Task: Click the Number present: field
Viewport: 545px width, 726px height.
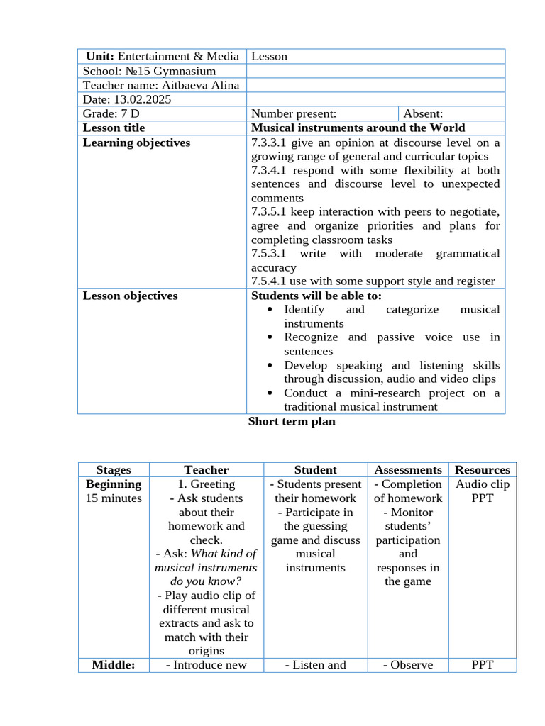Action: pyautogui.click(x=294, y=113)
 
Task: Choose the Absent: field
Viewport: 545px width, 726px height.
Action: pyautogui.click(x=423, y=113)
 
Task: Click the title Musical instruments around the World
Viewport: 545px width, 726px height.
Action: pyautogui.click(x=358, y=128)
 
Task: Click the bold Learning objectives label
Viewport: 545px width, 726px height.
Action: pyautogui.click(x=136, y=143)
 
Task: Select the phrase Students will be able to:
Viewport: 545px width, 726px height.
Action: pyautogui.click(x=316, y=296)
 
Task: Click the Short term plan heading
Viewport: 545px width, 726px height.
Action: pyautogui.click(x=292, y=421)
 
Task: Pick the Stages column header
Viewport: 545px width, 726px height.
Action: pyautogui.click(x=114, y=469)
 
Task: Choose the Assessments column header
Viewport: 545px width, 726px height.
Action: pyautogui.click(x=407, y=469)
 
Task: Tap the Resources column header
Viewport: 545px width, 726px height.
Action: pyautogui.click(x=482, y=469)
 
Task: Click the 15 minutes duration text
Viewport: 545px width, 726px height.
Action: pyautogui.click(x=114, y=498)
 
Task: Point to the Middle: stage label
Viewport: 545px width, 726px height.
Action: pyautogui.click(x=114, y=664)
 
